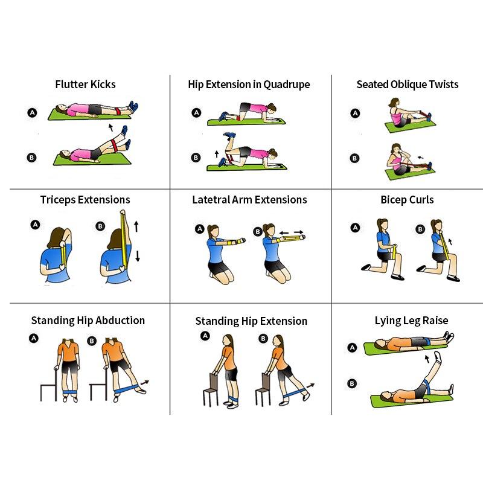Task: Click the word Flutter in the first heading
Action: pos(71,84)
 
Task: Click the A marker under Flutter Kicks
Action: pos(33,113)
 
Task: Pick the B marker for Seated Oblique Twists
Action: pos(354,158)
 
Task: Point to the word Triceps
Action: pos(58,200)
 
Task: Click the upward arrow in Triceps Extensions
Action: pos(136,226)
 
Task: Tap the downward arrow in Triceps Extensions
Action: pos(138,256)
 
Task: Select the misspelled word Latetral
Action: pos(211,200)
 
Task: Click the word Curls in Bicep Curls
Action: pos(421,200)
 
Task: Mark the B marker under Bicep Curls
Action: pos(420,229)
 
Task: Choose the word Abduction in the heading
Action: pos(120,321)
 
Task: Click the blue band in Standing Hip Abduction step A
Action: pos(70,392)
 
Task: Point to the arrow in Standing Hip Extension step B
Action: pos(310,386)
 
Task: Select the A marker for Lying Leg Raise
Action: pos(352,348)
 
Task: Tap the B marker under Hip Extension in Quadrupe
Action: pos(196,158)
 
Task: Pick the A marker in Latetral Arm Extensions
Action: pos(200,229)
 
